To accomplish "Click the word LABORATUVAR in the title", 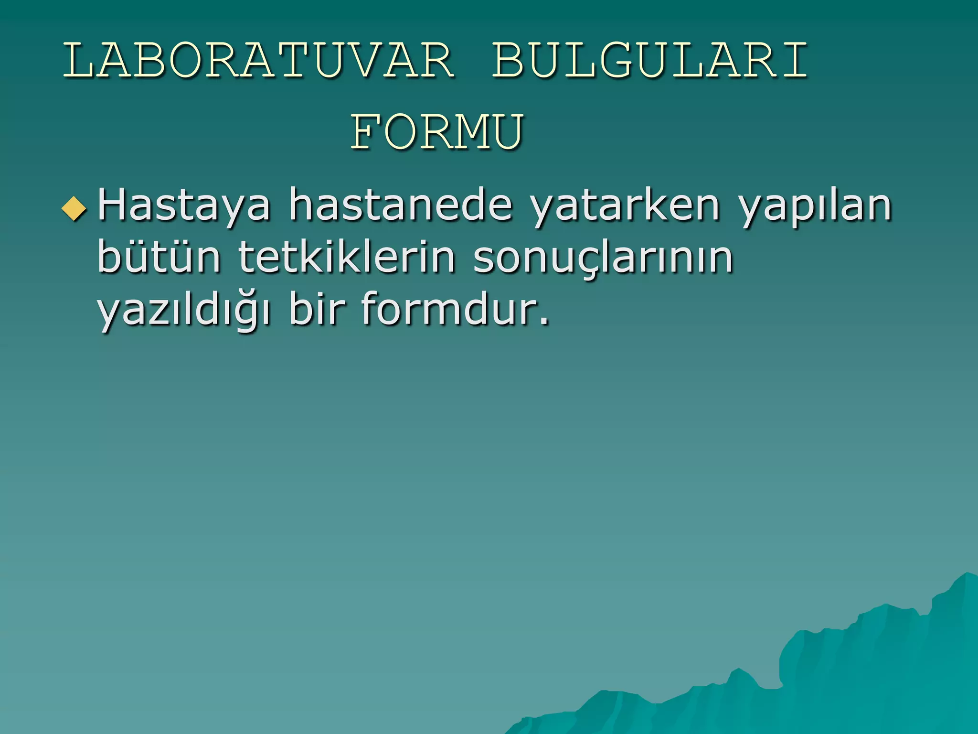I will tap(258, 61).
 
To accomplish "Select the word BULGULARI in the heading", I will tap(649, 61).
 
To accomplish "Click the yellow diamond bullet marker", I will tap(74, 208).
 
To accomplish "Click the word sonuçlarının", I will tap(603, 259).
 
